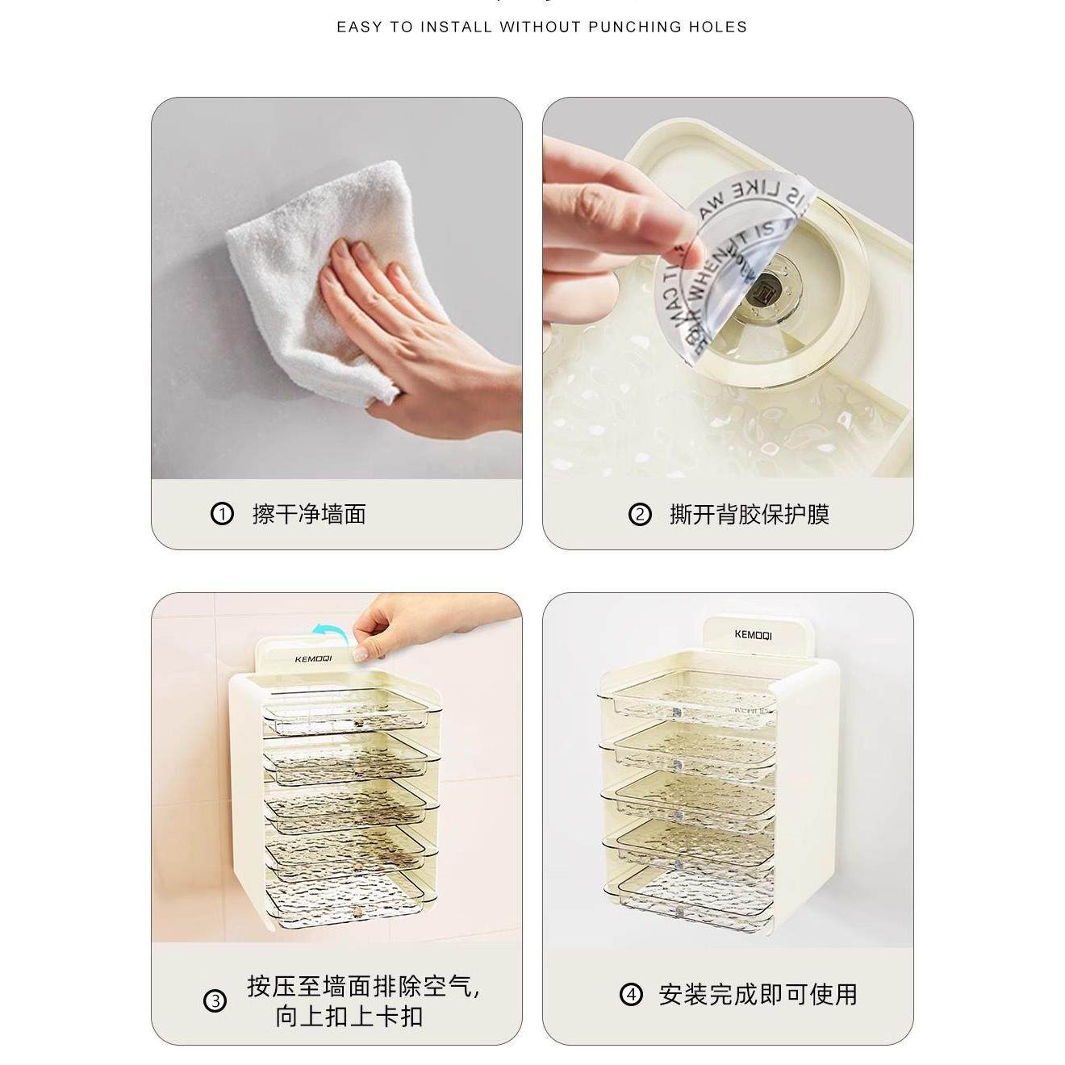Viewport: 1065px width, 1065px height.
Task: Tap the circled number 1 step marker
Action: pyautogui.click(x=221, y=514)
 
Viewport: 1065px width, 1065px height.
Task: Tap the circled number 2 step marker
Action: pyautogui.click(x=639, y=514)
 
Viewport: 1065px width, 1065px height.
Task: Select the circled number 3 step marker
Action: pyautogui.click(x=215, y=1001)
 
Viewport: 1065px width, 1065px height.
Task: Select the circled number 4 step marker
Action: pyautogui.click(x=632, y=994)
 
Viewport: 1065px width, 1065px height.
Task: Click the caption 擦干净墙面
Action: pyautogui.click(x=309, y=514)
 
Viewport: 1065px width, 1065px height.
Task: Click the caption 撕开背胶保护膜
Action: pyautogui.click(x=749, y=514)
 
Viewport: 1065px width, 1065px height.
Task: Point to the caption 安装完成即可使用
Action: pyautogui.click(x=758, y=994)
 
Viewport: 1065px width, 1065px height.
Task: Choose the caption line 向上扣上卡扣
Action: pyautogui.click(x=349, y=1016)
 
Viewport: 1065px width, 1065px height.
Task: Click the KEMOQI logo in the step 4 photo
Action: pyautogui.click(x=753, y=635)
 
